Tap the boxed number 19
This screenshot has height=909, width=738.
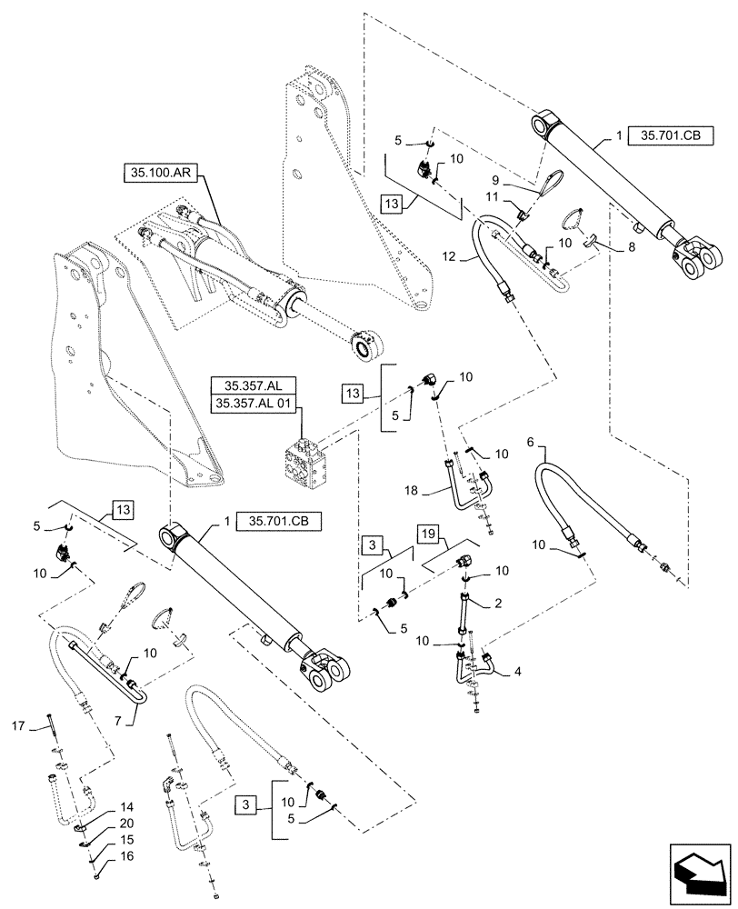pyautogui.click(x=431, y=533)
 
